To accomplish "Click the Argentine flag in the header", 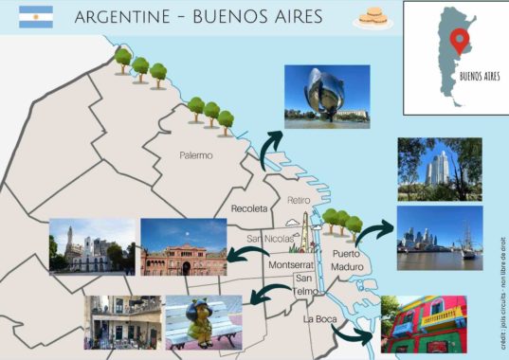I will [x=36, y=16].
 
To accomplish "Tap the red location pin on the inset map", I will [x=461, y=41].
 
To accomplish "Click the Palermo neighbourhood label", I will [x=196, y=154].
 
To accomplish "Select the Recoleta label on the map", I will [x=250, y=207].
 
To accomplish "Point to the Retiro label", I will [x=299, y=200].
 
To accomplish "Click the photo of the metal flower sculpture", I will [x=326, y=96].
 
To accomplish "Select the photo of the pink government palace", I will [x=183, y=246].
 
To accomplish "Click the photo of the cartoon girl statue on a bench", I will [x=203, y=322].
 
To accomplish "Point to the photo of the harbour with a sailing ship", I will [x=439, y=238].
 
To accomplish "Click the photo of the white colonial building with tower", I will [x=91, y=246].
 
